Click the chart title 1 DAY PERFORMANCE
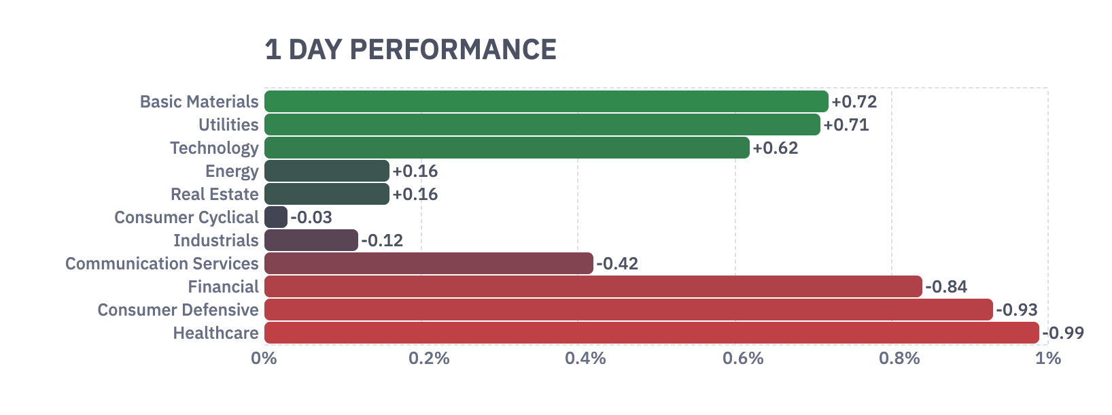coord(411,50)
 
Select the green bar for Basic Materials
coord(546,101)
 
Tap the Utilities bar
coord(542,124)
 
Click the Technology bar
coord(506,148)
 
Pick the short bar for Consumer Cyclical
coord(276,217)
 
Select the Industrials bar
coord(311,240)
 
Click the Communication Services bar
coord(428,263)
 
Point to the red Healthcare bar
coord(651,333)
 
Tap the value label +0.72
coord(854,102)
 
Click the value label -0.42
coord(617,264)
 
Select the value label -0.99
coord(1063,333)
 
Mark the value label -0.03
coord(311,218)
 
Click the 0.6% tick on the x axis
coord(743,359)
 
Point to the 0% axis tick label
coord(264,359)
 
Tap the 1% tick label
coord(1047,359)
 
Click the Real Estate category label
coord(214,195)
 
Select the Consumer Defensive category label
coord(177,310)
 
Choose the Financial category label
coord(223,287)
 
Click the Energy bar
coord(326,171)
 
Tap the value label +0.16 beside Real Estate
coord(415,195)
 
